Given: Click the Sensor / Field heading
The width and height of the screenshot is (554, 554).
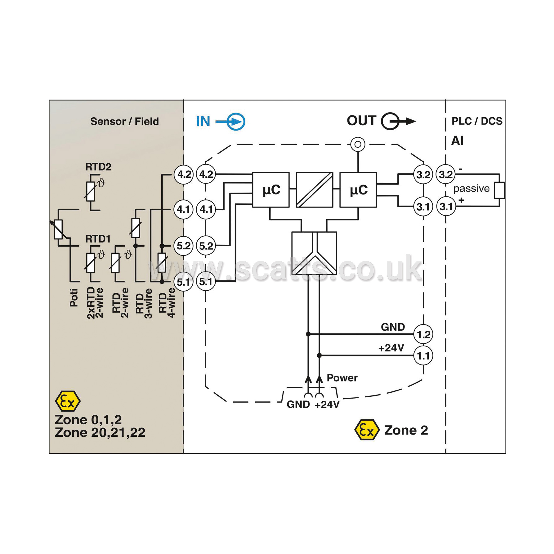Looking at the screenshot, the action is (x=124, y=121).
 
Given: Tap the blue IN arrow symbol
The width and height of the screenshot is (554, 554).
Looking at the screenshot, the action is (x=230, y=122).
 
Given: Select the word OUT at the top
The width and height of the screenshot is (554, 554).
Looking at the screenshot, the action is (x=361, y=121).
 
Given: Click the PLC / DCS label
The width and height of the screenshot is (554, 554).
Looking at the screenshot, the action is (x=477, y=121).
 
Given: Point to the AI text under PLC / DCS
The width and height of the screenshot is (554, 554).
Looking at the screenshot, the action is (x=457, y=141).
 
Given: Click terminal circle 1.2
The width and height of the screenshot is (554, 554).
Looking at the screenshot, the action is (x=423, y=334).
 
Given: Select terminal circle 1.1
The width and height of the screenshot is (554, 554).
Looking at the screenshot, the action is (x=423, y=355).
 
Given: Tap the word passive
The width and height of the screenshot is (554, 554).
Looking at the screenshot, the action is (x=471, y=189).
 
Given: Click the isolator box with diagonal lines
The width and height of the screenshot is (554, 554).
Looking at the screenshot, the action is (x=315, y=190).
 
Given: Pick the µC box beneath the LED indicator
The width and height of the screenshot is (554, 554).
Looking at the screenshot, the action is (x=358, y=190).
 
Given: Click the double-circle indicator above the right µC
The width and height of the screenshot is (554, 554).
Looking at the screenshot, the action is (x=358, y=144).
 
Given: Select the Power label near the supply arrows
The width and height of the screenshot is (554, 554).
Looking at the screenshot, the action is (x=342, y=378).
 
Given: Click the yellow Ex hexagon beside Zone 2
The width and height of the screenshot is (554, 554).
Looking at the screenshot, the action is (x=367, y=430).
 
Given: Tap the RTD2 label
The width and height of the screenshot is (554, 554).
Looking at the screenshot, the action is (x=98, y=167).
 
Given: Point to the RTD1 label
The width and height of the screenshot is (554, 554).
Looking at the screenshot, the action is (x=98, y=239).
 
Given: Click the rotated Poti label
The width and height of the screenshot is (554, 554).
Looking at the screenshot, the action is (x=74, y=298).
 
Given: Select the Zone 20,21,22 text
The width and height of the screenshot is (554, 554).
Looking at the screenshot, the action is (x=100, y=433).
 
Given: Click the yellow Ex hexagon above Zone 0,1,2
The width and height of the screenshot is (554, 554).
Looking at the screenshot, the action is (x=68, y=401).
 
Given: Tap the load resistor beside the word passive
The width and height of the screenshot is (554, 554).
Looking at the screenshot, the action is (x=499, y=190).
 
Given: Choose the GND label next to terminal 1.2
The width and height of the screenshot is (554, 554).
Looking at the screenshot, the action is (x=393, y=327).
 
